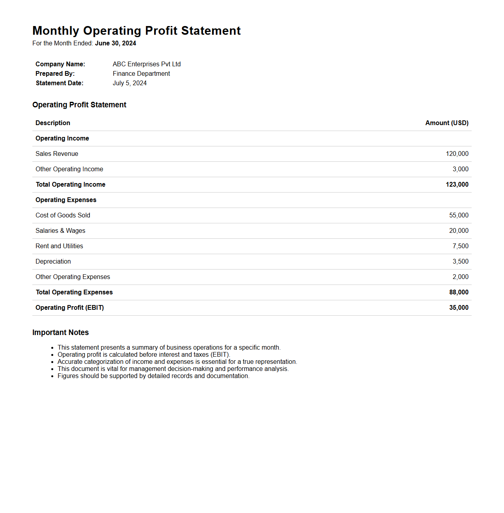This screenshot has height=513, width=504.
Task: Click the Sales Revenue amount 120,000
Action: (x=457, y=154)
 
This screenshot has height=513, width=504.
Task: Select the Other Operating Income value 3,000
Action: (x=460, y=169)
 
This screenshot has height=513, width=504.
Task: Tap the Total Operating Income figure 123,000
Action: (x=457, y=185)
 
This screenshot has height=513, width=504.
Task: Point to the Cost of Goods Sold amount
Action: (x=459, y=215)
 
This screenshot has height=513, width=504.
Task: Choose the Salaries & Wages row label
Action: (x=60, y=231)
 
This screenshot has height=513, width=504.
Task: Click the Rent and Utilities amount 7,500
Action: (x=460, y=246)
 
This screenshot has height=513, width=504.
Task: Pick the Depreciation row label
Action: (x=53, y=262)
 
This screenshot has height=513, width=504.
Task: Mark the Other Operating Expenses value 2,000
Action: (x=460, y=277)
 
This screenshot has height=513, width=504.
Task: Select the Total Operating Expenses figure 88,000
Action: (x=459, y=292)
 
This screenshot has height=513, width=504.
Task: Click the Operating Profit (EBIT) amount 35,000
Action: (x=459, y=308)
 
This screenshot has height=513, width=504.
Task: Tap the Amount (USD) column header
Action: (x=447, y=123)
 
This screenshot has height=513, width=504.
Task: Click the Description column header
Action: (x=53, y=123)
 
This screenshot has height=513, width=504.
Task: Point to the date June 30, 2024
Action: (x=116, y=43)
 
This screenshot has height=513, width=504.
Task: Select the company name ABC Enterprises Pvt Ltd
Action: (x=147, y=64)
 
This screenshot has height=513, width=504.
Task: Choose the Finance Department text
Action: (x=141, y=74)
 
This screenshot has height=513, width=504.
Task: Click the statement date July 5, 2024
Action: (x=130, y=83)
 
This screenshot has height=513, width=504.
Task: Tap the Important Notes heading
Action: (x=60, y=333)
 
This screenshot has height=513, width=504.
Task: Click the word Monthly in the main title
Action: (x=56, y=31)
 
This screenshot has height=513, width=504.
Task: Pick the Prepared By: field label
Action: (x=55, y=74)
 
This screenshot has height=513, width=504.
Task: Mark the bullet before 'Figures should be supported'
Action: (x=52, y=376)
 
